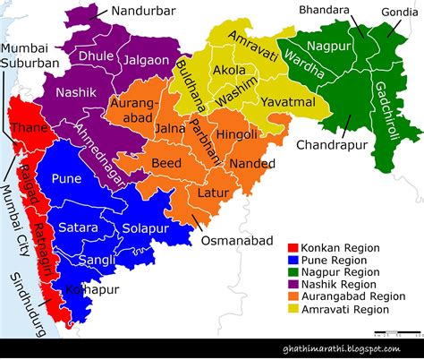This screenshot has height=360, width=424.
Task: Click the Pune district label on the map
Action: point(66,179)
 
